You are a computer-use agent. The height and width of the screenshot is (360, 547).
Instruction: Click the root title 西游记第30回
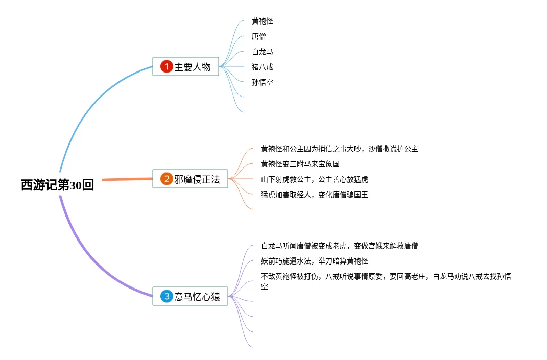[x=57, y=185]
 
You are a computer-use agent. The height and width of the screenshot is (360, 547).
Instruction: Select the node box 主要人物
[x=186, y=66]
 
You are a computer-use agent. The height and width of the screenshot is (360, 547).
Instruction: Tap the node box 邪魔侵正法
[x=190, y=179]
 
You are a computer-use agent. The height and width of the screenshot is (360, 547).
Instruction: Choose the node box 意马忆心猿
[x=190, y=296]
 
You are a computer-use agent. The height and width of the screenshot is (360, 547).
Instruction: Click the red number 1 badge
[x=167, y=66]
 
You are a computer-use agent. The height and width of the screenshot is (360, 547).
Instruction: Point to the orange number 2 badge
[x=167, y=179]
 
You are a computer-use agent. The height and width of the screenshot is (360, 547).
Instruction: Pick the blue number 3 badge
[x=167, y=296]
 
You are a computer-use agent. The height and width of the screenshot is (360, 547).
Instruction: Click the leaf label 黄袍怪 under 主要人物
[x=263, y=21]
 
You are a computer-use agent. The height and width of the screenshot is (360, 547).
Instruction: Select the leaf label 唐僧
[x=259, y=36]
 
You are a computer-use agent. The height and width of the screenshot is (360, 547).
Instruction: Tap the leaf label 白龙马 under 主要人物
[x=263, y=52]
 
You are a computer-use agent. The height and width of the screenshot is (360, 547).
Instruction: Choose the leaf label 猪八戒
[x=263, y=67]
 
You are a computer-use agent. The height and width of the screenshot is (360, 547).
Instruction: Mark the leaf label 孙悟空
[x=263, y=82]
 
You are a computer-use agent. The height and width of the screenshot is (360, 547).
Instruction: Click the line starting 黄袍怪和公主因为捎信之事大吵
[x=340, y=149]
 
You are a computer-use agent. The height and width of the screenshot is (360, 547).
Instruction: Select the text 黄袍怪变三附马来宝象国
[x=300, y=164]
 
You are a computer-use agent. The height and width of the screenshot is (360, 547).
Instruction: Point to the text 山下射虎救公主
[x=315, y=179]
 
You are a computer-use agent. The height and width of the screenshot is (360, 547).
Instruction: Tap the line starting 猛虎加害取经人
[x=315, y=195]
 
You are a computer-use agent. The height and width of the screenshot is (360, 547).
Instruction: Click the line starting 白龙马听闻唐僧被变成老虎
[x=340, y=246]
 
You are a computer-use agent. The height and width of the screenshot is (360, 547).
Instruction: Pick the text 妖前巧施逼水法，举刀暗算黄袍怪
[x=315, y=261]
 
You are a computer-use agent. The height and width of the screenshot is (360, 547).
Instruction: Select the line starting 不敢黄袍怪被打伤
[x=386, y=276]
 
